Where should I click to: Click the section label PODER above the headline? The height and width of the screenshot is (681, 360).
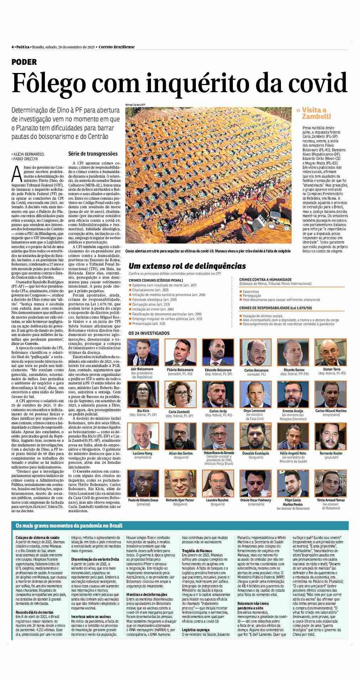[24, 62]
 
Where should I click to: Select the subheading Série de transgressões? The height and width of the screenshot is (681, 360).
[93, 154]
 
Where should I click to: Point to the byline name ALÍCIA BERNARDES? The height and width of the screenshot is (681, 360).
[28, 154]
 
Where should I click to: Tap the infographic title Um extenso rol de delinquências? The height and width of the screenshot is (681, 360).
[187, 266]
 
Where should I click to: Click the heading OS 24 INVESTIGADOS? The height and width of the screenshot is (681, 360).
[149, 333]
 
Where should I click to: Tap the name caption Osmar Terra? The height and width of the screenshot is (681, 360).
[332, 369]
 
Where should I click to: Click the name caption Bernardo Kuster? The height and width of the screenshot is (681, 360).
[331, 453]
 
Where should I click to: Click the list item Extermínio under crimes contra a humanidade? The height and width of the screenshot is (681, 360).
[251, 291]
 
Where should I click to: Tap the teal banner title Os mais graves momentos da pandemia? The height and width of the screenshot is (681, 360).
[69, 526]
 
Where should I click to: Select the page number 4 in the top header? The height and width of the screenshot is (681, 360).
[12, 47]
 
